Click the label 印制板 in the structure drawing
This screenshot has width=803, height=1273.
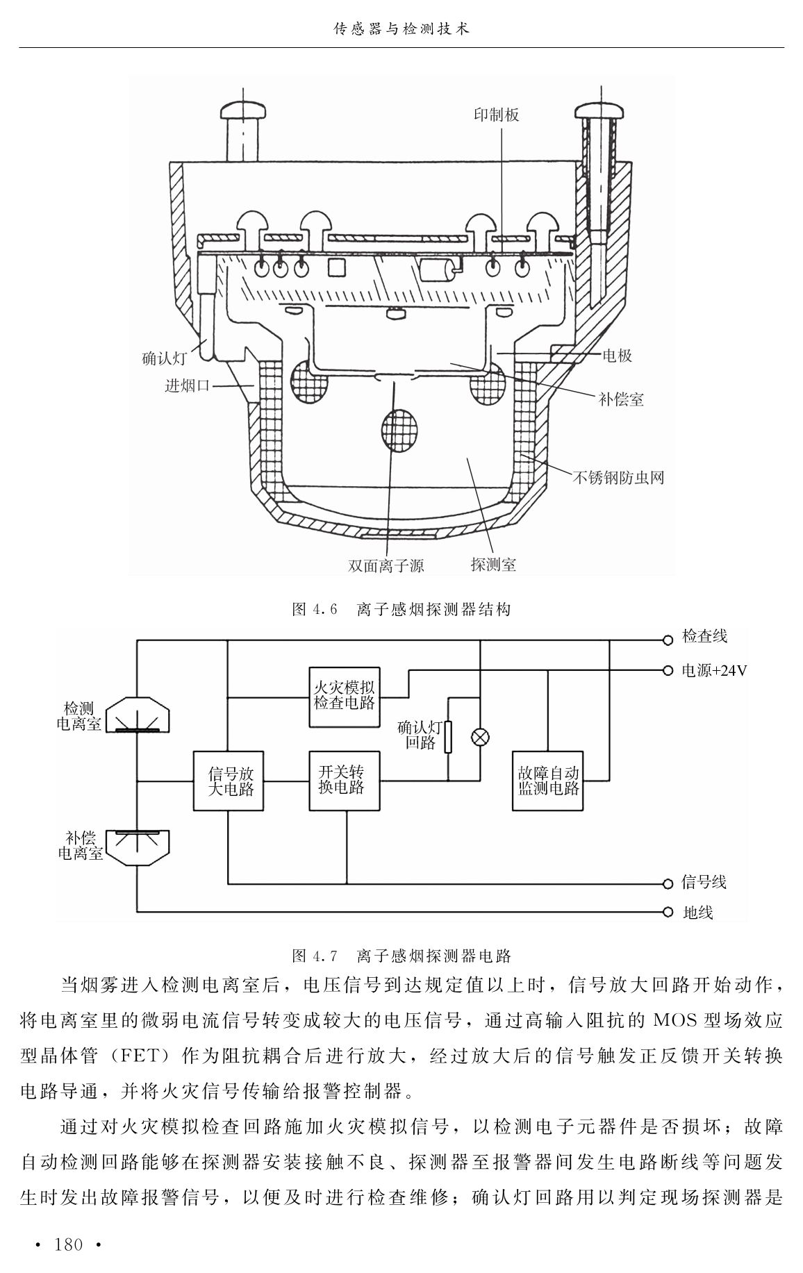(497, 115)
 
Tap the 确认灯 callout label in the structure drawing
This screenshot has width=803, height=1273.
(165, 359)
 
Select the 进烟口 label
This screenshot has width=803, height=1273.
(188, 385)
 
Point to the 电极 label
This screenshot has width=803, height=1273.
(617, 356)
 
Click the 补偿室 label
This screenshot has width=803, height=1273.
(621, 399)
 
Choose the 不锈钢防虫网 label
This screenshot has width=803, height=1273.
(618, 477)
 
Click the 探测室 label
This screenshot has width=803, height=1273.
(493, 564)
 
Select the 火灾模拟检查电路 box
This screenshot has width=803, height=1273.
(345, 697)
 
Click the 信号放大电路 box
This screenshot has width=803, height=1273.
(229, 781)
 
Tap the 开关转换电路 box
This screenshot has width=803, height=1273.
(345, 781)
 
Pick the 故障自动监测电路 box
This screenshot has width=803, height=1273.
(548, 781)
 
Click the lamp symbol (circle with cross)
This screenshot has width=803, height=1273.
(479, 738)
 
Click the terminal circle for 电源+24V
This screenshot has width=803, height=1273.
(668, 671)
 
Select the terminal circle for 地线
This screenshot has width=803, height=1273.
(668, 912)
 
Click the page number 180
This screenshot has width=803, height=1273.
(69, 1244)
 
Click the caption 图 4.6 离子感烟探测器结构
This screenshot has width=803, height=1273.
(401, 609)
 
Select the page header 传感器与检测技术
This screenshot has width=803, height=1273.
(401, 29)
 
